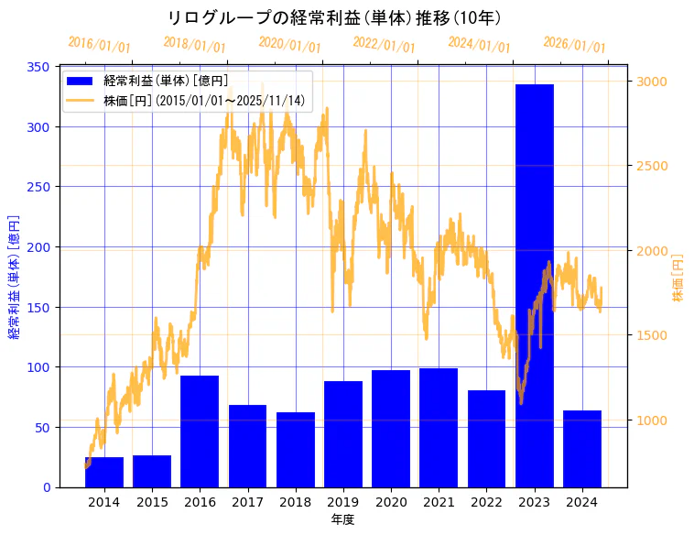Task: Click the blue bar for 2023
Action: pyautogui.click(x=535, y=285)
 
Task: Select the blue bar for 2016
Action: pyautogui.click(x=200, y=431)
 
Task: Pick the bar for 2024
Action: pyautogui.click(x=582, y=449)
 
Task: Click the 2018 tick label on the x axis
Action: pyautogui.click(x=295, y=502)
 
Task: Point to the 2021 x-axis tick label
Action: pyautogui.click(x=439, y=502)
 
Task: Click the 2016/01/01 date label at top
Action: pyautogui.click(x=100, y=44)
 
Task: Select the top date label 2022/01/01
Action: pyautogui.click(x=385, y=44)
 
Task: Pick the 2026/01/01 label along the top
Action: pyautogui.click(x=575, y=44)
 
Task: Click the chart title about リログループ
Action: pyautogui.click(x=334, y=18)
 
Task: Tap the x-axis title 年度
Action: pyautogui.click(x=342, y=519)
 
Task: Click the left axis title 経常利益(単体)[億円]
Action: pyautogui.click(x=15, y=277)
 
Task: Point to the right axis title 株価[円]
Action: pyautogui.click(x=678, y=278)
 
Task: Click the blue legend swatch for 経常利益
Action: pyautogui.click(x=81, y=82)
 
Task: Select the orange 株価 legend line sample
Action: pyautogui.click(x=81, y=101)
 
